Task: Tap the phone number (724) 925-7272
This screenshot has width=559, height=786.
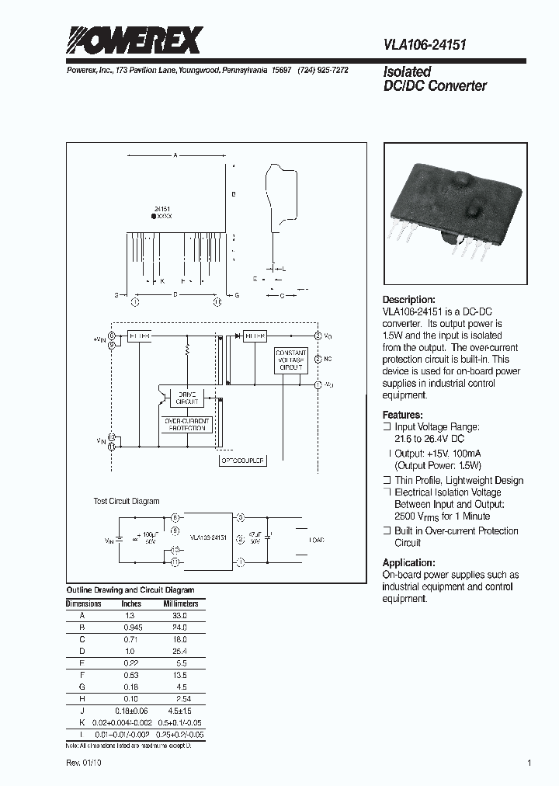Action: click(323, 70)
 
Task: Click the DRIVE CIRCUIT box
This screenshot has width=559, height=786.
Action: click(188, 398)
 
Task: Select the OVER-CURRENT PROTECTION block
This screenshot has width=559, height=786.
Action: click(187, 425)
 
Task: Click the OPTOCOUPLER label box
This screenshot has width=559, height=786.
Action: click(243, 461)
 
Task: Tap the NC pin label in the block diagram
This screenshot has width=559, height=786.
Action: click(328, 359)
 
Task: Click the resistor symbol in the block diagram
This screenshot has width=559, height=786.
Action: click(187, 351)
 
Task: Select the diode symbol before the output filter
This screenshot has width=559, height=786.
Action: click(234, 336)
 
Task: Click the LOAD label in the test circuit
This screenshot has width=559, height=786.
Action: click(318, 540)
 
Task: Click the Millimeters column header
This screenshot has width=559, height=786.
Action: click(180, 603)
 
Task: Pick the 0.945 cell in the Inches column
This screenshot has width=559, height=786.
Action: click(131, 627)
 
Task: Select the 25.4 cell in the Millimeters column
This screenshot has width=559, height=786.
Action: click(180, 650)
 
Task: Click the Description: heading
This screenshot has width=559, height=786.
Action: click(409, 300)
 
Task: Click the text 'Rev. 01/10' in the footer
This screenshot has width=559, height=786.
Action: click(83, 763)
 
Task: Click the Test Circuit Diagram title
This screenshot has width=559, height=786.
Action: click(127, 502)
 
